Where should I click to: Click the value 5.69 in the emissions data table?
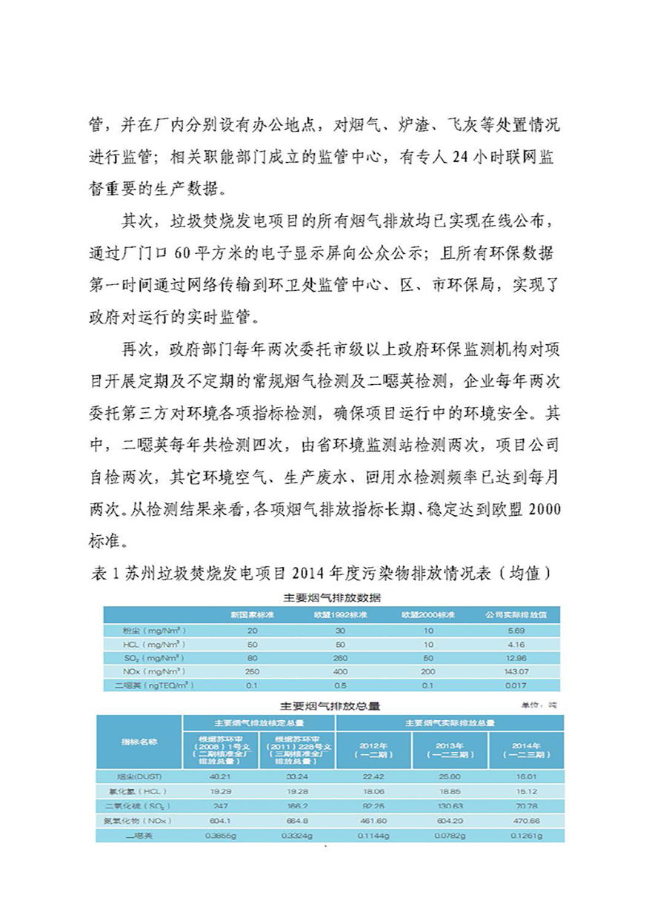point(516,631)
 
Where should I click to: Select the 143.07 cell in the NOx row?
point(516,671)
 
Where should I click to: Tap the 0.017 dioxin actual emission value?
point(516,685)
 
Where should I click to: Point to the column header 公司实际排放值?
point(516,615)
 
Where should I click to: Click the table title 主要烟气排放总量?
point(331,706)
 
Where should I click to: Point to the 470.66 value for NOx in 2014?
point(525,820)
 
